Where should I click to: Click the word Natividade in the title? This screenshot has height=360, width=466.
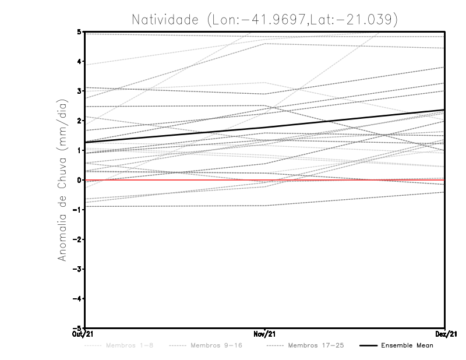click(166, 19)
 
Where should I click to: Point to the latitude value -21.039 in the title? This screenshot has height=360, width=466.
click(365, 19)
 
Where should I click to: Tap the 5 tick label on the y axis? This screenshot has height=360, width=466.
click(79, 32)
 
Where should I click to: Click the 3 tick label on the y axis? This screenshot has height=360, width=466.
click(79, 91)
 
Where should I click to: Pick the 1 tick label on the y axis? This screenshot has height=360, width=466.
click(79, 150)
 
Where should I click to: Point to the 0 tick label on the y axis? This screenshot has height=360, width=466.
click(79, 180)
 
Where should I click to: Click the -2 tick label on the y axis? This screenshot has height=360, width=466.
click(77, 239)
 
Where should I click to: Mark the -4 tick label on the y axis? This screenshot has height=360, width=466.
click(77, 298)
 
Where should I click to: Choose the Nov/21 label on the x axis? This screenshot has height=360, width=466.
click(265, 333)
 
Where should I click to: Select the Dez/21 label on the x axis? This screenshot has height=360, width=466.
click(446, 333)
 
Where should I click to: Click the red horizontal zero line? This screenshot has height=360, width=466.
click(349, 180)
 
